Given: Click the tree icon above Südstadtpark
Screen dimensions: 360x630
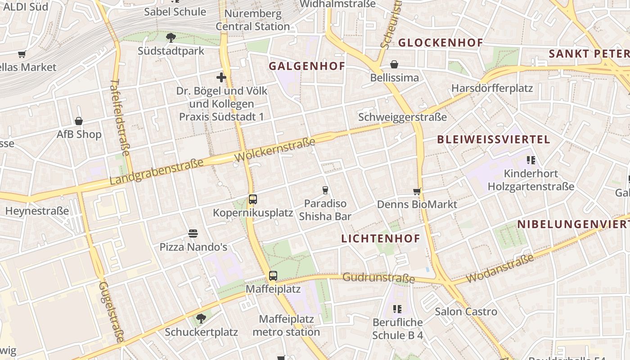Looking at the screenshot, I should [x=171, y=38].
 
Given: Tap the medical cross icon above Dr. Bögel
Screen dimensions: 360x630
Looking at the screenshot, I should [x=221, y=77].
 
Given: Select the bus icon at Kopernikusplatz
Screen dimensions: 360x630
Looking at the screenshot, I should [x=253, y=199].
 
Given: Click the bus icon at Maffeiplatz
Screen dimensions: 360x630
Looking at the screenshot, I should [x=273, y=275].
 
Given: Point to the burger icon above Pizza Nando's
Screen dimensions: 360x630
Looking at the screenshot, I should [x=193, y=234].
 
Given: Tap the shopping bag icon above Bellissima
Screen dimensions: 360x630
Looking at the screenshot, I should [x=394, y=64].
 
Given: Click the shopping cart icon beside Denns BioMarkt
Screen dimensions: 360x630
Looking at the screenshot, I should [x=417, y=191].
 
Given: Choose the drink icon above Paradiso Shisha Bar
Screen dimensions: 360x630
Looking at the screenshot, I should [x=325, y=190].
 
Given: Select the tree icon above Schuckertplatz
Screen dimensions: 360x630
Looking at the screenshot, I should [x=201, y=319].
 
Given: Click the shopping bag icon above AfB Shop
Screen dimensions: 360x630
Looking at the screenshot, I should [x=79, y=121].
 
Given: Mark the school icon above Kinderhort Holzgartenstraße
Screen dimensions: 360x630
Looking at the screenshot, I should [x=531, y=160].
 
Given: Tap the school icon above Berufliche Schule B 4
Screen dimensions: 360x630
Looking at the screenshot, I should [x=397, y=309].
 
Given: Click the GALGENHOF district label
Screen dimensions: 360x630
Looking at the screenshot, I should [x=307, y=66].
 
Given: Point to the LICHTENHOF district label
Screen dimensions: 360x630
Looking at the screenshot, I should [x=381, y=238].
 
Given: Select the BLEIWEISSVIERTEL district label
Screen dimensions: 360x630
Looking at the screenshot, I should [x=494, y=139].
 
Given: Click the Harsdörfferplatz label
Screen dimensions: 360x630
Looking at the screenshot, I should [x=492, y=88].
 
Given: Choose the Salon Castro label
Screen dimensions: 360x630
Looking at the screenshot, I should [x=466, y=311].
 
